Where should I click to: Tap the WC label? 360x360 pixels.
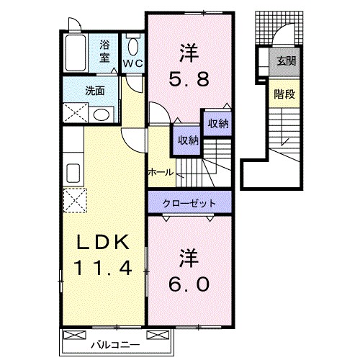point(133,64)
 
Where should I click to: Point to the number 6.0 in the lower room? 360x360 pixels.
point(190,284)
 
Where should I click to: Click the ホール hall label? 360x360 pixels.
point(160,172)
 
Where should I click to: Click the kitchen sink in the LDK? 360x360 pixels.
point(73,174)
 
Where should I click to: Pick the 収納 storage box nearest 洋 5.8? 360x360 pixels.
point(218,124)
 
